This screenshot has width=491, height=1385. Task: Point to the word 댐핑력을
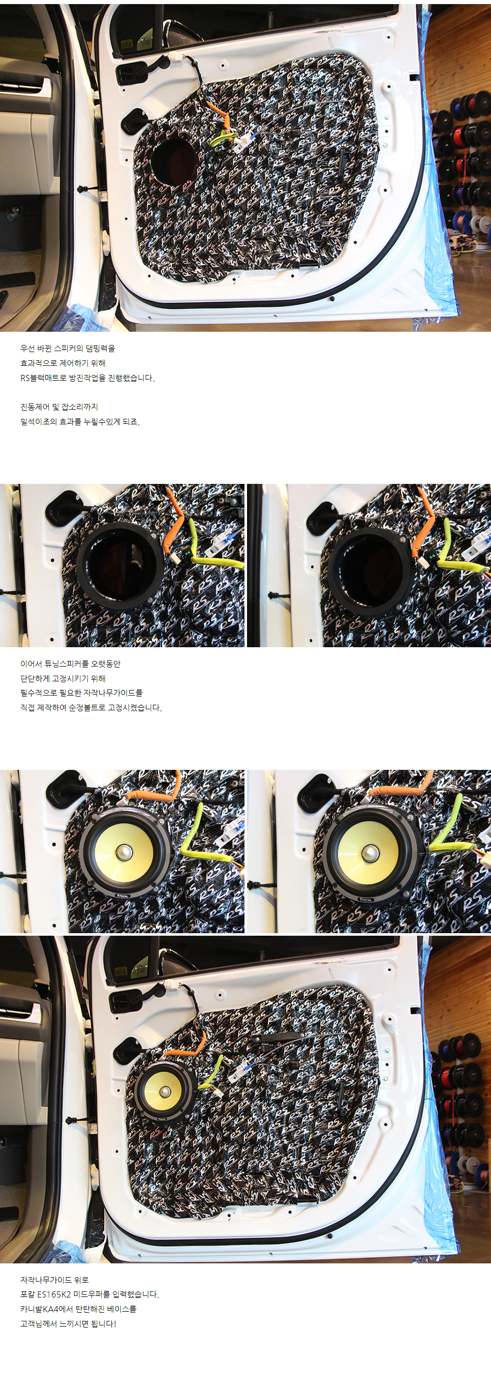101,349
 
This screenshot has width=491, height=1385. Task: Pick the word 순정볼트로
87,708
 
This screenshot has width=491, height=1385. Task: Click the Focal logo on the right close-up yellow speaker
365,899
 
